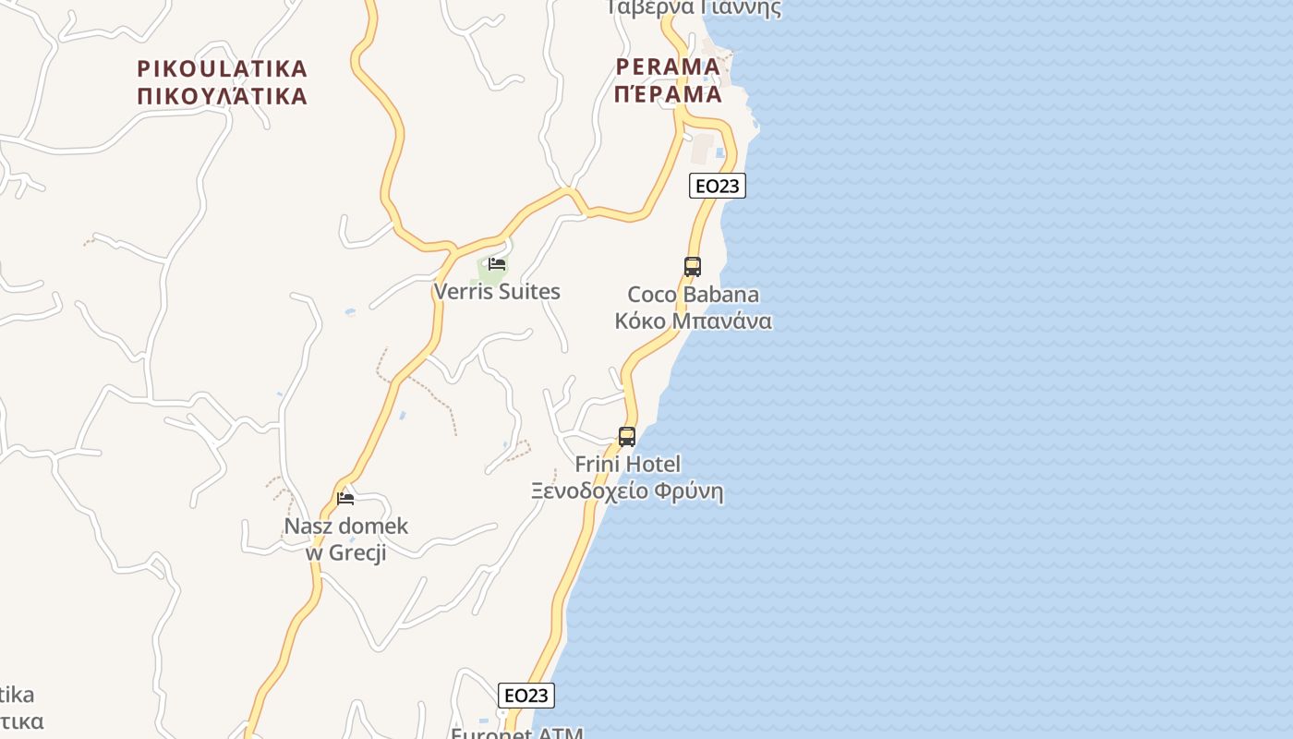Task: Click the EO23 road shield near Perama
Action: coord(717,186)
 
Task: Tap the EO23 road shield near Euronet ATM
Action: coord(526,696)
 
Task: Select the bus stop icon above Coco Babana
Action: coord(693,267)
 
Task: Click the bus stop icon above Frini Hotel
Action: coord(627,437)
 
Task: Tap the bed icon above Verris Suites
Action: coord(497,264)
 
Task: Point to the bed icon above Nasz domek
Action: coord(345,499)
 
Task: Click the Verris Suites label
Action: coord(497,292)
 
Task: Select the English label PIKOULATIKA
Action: coord(222,68)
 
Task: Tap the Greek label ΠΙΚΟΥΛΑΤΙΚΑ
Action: coord(222,96)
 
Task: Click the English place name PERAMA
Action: coord(667,67)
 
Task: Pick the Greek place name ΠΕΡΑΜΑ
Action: coord(667,94)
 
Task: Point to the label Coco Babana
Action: coord(694,295)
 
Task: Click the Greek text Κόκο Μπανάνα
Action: coord(694,321)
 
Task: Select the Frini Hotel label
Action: coord(627,464)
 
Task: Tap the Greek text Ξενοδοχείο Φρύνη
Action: coord(627,491)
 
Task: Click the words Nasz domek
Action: coord(345,527)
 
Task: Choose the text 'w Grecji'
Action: coord(345,552)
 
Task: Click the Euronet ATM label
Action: coord(517,733)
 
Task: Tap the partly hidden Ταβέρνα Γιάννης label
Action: coord(694,8)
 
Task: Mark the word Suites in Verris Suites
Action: coord(529,292)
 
